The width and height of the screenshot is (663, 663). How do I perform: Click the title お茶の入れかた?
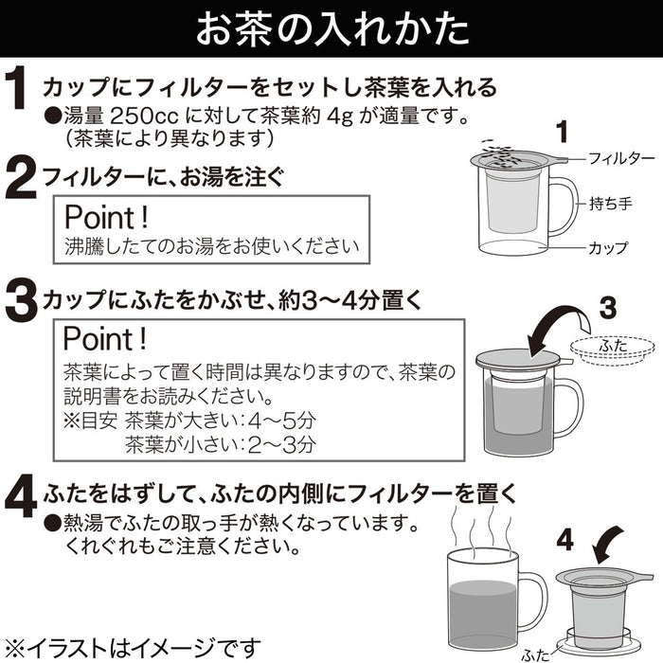(332, 29)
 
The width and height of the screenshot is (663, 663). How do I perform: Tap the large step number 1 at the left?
(16, 90)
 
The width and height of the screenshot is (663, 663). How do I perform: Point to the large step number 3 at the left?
(21, 302)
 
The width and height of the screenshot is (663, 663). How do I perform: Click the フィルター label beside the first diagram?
(621, 159)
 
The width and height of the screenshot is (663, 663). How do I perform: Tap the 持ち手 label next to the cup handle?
(611, 204)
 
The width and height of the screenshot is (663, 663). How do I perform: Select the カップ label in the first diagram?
(608, 248)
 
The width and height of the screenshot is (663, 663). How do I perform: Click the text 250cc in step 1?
(145, 116)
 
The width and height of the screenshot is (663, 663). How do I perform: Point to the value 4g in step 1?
(340, 116)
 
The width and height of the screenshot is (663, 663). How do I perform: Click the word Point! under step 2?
(106, 217)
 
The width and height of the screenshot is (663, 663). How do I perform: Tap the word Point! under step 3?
(105, 339)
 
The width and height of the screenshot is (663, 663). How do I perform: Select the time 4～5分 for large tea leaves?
(282, 421)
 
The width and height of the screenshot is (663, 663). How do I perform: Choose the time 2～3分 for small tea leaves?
(282, 445)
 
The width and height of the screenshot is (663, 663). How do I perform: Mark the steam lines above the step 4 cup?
(482, 529)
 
